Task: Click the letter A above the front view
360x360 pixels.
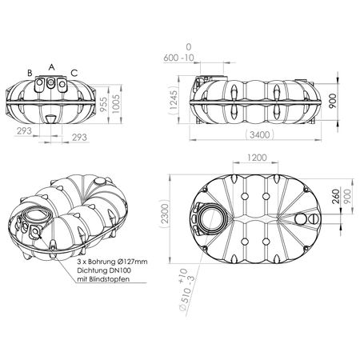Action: point(51,67)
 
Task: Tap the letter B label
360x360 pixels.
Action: point(30,73)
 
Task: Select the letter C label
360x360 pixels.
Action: point(74,73)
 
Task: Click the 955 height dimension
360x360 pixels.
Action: point(104,104)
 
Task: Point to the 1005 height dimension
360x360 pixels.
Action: point(116,104)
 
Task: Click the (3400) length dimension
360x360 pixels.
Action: point(260,134)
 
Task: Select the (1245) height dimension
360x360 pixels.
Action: point(174,100)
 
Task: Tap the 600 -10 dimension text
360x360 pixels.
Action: point(178,58)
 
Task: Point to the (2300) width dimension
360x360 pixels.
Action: point(165,215)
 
